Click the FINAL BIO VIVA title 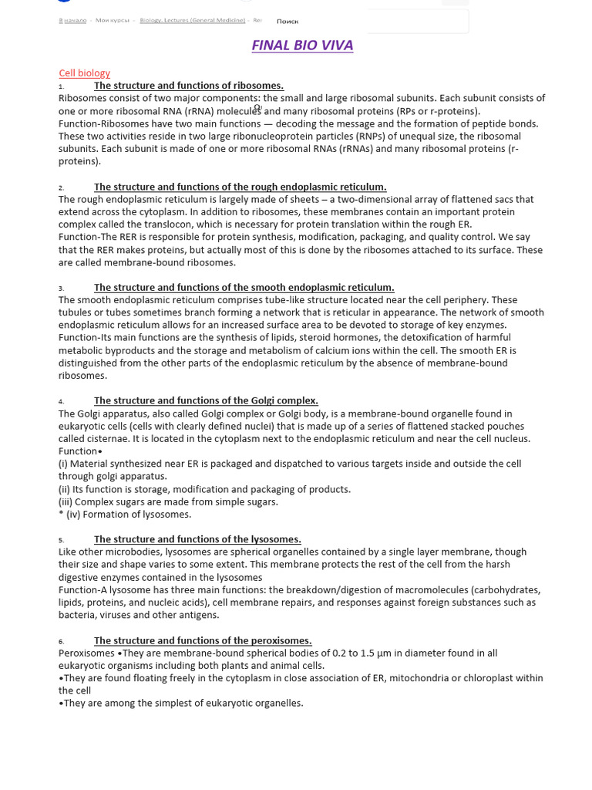pyautogui.click(x=302, y=46)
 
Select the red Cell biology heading pyautogui.click(x=85, y=73)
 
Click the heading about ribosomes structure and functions pyautogui.click(x=189, y=86)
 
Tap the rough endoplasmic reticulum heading pyautogui.click(x=240, y=187)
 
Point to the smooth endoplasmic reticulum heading pyautogui.click(x=244, y=288)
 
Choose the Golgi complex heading pyautogui.click(x=206, y=400)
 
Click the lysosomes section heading pyautogui.click(x=197, y=539)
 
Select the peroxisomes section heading pyautogui.click(x=203, y=640)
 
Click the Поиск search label pyautogui.click(x=288, y=22)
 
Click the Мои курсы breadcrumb pyautogui.click(x=111, y=20)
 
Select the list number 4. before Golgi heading pyautogui.click(x=62, y=401)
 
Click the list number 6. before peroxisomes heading pyautogui.click(x=62, y=641)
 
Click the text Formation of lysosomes pyautogui.click(x=137, y=515)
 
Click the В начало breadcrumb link pyautogui.click(x=72, y=20)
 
